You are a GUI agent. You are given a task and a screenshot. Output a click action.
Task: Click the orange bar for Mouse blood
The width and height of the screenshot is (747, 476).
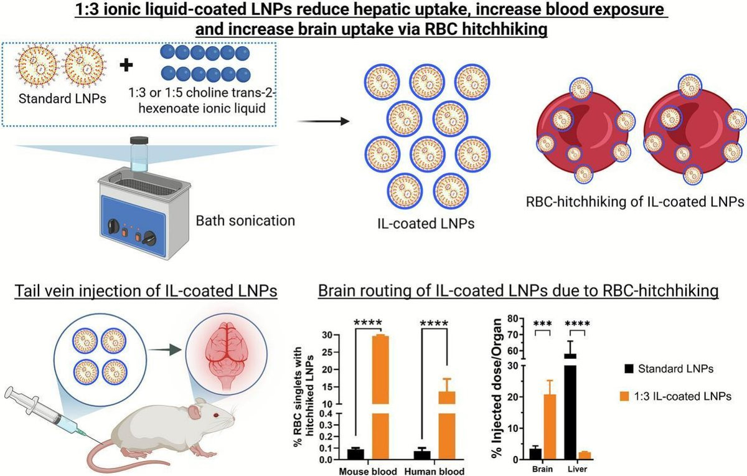tap(380, 397)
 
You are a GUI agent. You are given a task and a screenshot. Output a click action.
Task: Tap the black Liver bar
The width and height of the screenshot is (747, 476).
tap(571, 407)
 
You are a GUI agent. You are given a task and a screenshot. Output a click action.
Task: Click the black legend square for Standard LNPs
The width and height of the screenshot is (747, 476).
tap(629, 368)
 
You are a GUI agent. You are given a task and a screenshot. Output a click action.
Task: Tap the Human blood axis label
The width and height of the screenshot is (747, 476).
tap(435, 471)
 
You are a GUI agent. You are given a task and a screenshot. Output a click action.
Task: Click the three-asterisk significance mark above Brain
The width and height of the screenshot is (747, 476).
tap(543, 324)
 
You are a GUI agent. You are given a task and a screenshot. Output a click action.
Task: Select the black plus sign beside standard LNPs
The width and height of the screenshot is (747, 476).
tap(126, 65)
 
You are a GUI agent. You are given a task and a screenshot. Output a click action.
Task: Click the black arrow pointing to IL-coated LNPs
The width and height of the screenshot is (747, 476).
tap(323, 121)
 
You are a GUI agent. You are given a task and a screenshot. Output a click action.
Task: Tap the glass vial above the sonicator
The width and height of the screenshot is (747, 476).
tap(139, 154)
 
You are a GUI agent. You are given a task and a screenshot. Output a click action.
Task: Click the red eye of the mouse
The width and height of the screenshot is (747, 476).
tap(216, 415)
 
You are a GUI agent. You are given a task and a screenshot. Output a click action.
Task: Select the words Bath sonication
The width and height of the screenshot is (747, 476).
tap(245, 221)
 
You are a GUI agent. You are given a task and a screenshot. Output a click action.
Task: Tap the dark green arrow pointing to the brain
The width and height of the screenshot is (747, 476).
tap(165, 350)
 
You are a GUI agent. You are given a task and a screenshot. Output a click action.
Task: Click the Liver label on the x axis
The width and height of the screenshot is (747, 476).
tap(577, 469)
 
